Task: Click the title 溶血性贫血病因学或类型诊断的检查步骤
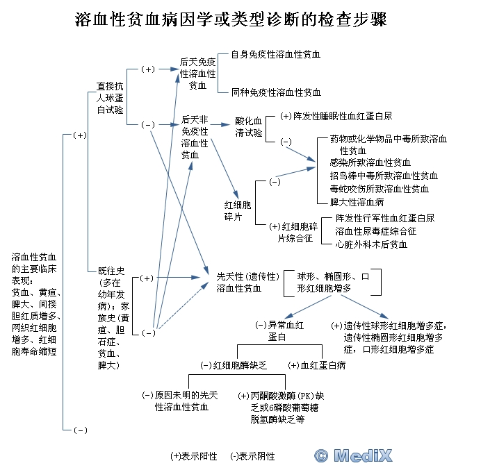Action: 241,19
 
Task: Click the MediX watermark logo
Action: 353,455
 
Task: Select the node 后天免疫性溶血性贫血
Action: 198,74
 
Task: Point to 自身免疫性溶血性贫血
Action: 276,53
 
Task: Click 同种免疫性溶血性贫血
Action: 276,92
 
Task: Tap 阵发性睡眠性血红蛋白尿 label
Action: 336,116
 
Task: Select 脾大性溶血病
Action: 357,202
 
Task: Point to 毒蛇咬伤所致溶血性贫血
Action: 380,189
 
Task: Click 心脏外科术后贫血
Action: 371,244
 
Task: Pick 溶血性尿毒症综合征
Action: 376,231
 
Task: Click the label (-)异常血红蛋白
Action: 281,330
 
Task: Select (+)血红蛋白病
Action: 316,364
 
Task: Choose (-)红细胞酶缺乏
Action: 234,364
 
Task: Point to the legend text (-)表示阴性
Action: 252,456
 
